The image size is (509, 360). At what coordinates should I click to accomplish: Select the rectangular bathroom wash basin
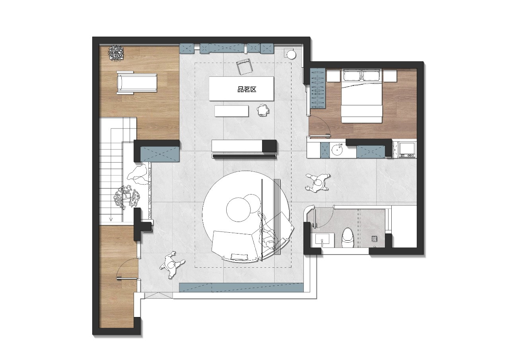tap(322, 240)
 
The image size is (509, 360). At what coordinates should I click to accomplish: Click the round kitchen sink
tap(337, 150)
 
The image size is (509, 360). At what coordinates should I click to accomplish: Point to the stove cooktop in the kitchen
tap(408, 149)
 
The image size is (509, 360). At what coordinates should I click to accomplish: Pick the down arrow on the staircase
tap(111, 219)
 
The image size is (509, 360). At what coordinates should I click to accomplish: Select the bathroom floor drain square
tap(374, 238)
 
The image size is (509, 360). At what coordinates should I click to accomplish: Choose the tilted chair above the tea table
tap(244, 66)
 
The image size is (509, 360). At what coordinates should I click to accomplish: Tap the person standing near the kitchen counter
tap(318, 183)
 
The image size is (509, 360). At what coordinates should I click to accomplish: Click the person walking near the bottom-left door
tap(172, 265)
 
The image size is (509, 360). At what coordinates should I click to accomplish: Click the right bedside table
tap(390, 76)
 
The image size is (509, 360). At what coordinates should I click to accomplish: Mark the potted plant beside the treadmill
tap(116, 53)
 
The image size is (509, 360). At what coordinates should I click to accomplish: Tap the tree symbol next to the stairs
tap(126, 197)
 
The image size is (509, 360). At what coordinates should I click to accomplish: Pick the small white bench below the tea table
tap(231, 111)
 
